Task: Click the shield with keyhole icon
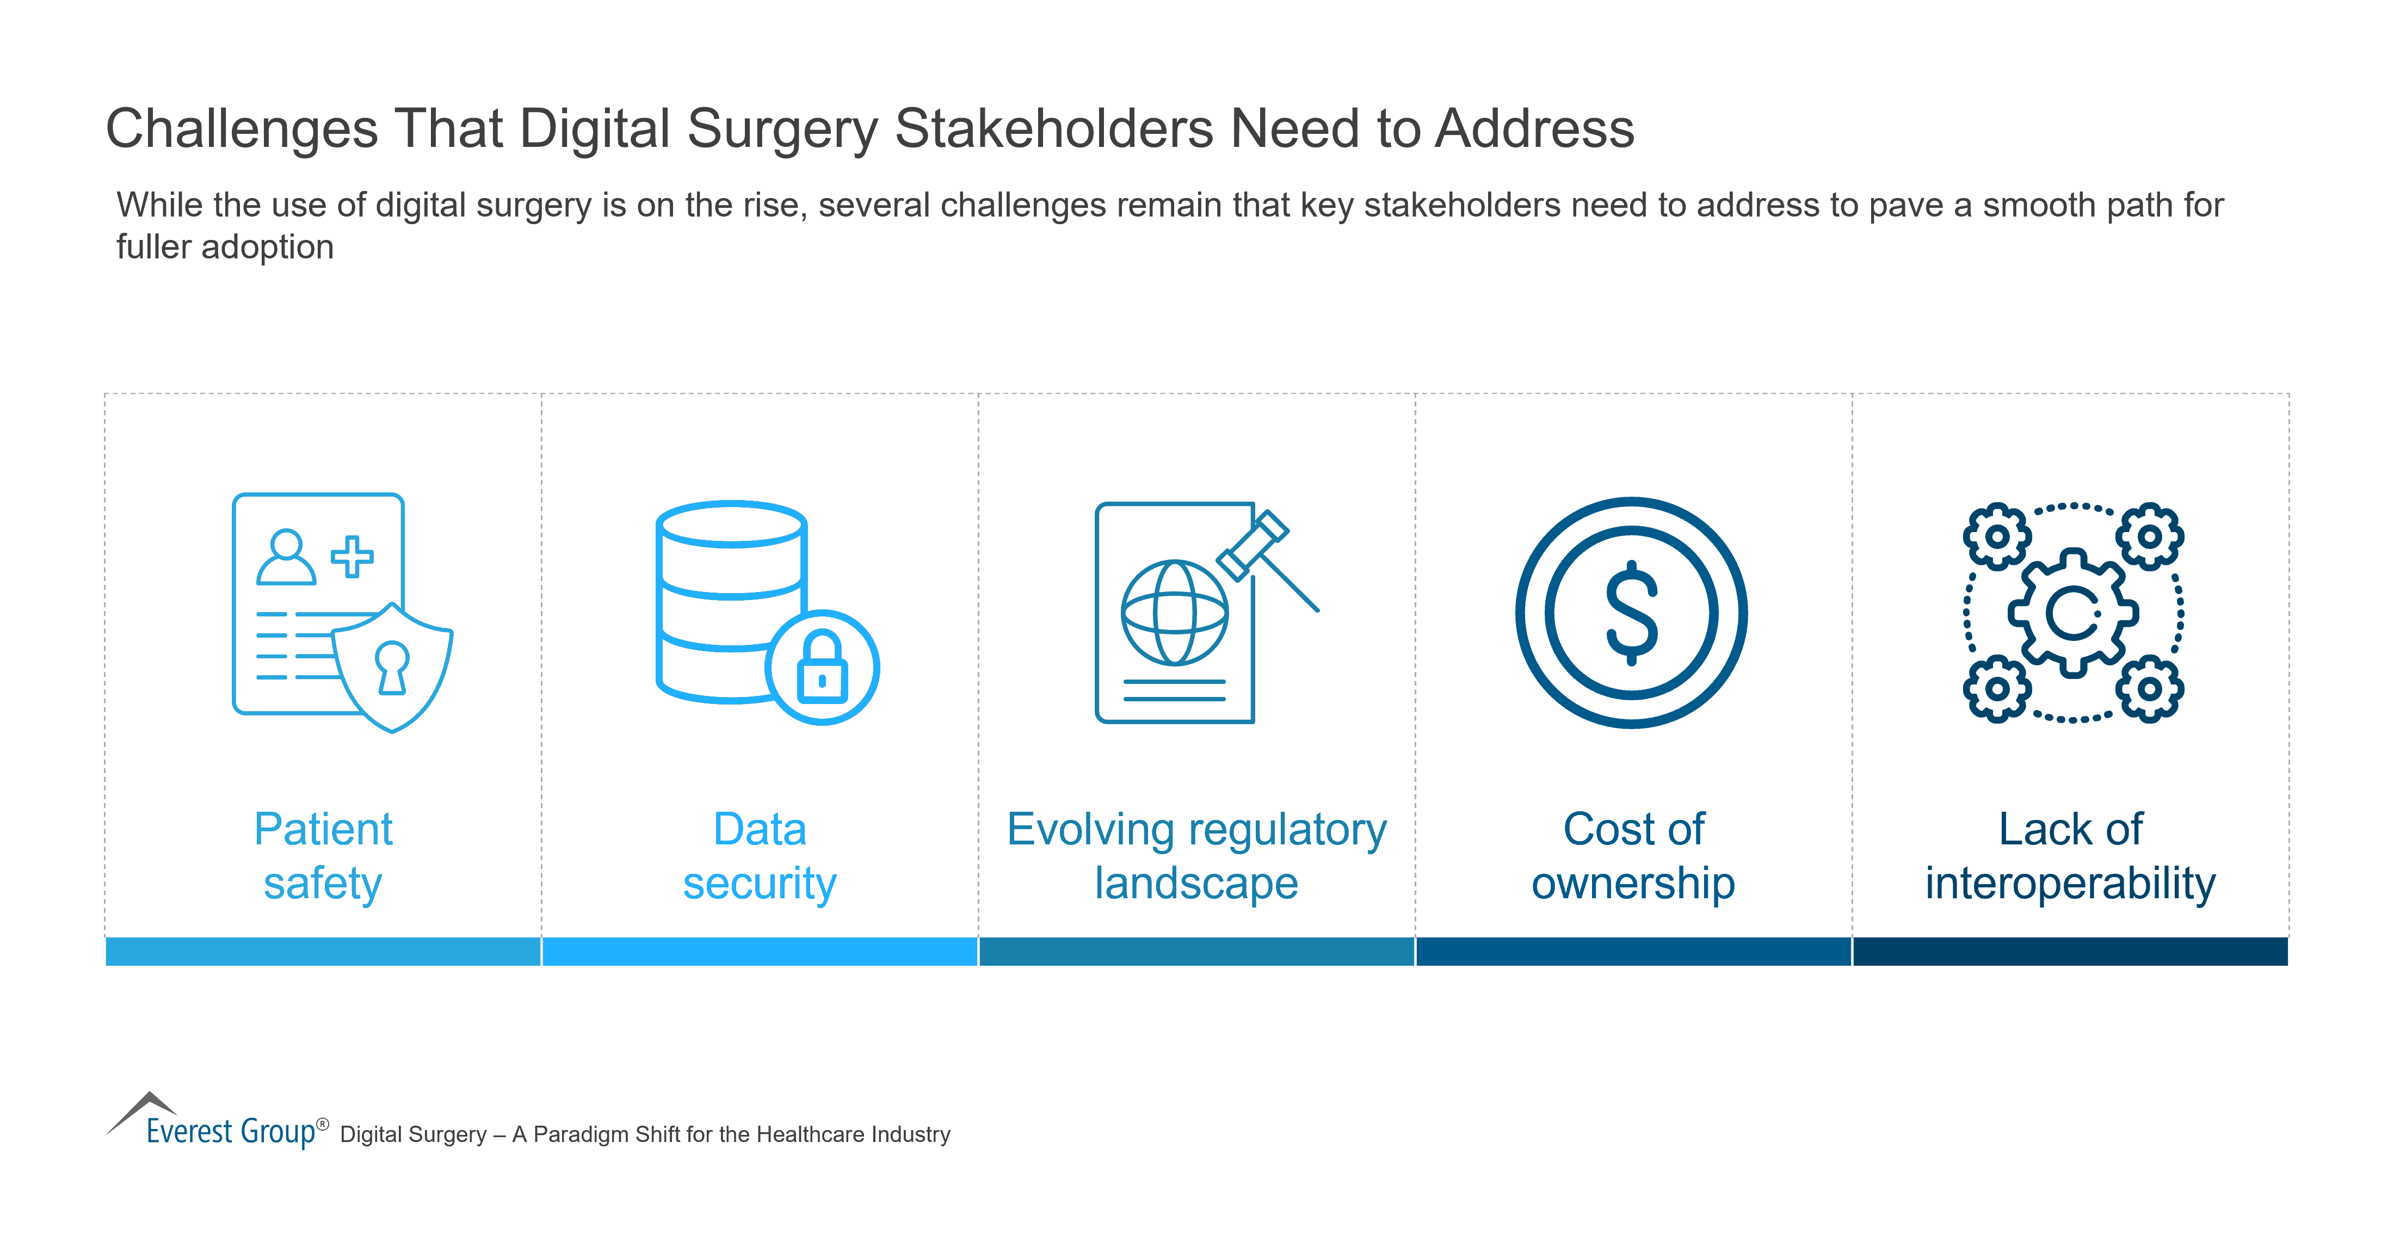392,668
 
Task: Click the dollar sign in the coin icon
1632,613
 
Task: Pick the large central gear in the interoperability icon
2072,613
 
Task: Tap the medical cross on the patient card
352,557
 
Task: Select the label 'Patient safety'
323,855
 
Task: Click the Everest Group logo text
231,1131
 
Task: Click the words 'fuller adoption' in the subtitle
225,247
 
